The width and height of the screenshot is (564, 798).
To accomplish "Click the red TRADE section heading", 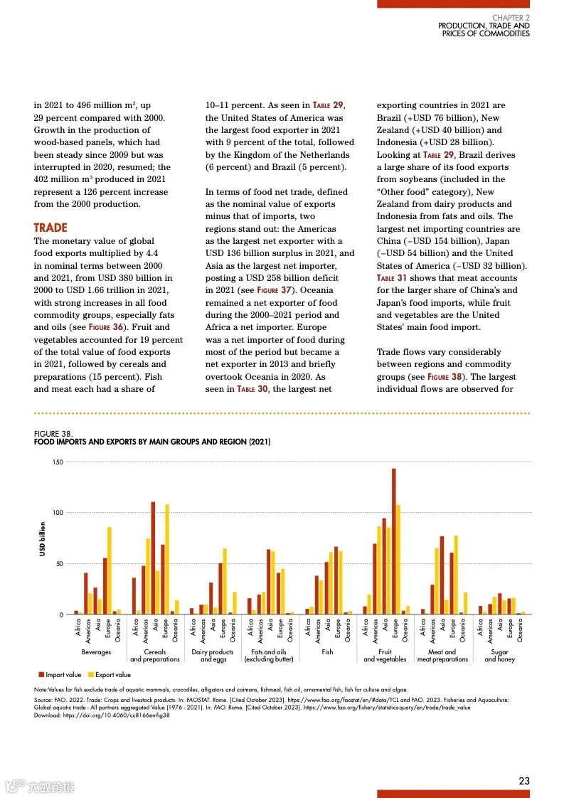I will coord(50,228).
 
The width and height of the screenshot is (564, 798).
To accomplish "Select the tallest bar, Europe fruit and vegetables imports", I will coord(393,541).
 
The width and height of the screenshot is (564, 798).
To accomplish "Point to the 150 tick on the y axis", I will coord(58,462).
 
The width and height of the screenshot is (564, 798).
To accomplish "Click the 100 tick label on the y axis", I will coord(58,513).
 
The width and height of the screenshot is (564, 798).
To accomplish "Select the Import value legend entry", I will coord(60,674).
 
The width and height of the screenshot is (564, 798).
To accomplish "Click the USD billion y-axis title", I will coord(43,538).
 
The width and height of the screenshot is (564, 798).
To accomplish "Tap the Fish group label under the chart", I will coord(327,651).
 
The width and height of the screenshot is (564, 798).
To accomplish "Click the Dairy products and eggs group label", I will coord(212,655).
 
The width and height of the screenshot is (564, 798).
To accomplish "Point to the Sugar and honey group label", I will coord(499,655).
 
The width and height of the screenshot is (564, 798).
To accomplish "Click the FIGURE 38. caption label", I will coord(53,433).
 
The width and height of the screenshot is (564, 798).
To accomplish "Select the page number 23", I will coord(524,780).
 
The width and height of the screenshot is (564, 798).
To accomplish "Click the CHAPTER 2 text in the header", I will coord(511,17).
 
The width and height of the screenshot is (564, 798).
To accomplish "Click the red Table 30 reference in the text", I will coord(252,389).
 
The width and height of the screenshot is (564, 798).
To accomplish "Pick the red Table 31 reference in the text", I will coord(392,277).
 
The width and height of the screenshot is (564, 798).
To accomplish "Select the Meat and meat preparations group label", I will coord(442,655).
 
